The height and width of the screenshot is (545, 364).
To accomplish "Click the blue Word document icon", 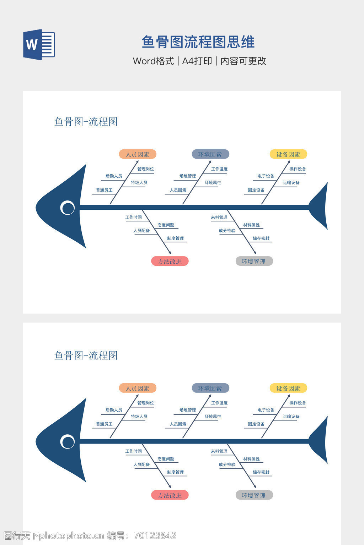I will point(39,45).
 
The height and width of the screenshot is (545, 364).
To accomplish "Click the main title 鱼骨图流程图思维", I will point(198,42).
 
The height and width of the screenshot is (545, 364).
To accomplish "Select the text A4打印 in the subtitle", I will point(197,61).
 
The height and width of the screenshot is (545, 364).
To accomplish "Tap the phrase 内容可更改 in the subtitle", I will point(243,61).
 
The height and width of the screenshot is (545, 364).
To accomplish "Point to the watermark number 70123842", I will point(155,535).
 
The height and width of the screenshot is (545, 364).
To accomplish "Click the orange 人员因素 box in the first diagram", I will point(138,154).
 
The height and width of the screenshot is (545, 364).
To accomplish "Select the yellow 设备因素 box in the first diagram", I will point(288,154).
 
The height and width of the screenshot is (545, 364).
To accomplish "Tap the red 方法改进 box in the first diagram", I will point(170,262).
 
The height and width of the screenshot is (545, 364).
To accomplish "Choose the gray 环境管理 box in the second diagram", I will point(254,495).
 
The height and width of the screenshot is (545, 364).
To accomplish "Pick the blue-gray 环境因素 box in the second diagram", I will point(210,388).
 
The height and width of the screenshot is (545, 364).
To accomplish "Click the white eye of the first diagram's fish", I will point(68,208).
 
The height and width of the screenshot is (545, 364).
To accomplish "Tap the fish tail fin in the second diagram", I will point(320,440).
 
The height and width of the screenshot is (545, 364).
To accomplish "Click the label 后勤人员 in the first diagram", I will point(114,176).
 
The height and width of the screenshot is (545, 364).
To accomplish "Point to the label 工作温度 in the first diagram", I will point(219,169).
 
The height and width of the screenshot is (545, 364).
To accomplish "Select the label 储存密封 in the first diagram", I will point(261,238).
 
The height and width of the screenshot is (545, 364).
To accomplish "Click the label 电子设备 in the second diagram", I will point(266,410).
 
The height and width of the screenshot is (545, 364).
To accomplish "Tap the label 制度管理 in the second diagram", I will point(176,472).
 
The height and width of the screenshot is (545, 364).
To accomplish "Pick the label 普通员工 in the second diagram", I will point(104,424).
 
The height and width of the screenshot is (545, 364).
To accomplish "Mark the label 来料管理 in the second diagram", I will point(219,451).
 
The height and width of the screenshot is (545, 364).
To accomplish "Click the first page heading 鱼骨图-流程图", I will point(86,122).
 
